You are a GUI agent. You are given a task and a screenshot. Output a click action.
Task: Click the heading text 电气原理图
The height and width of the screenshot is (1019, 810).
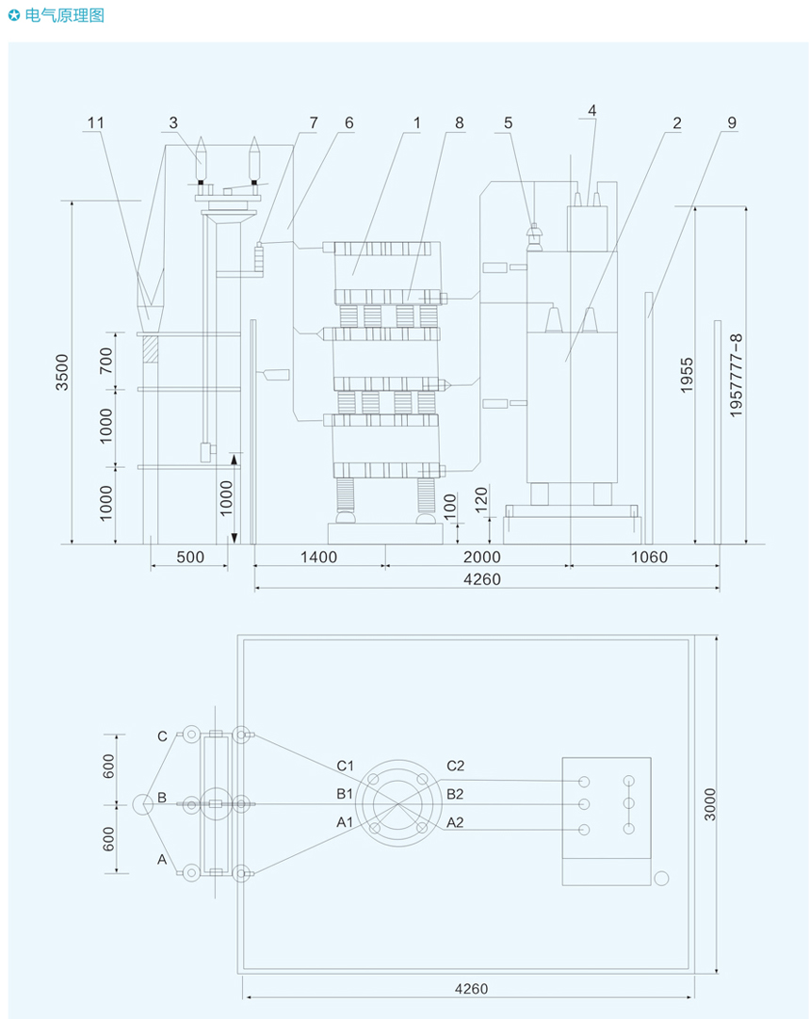pos(65,16)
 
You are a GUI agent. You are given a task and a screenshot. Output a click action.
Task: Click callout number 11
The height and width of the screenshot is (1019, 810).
pos(95,122)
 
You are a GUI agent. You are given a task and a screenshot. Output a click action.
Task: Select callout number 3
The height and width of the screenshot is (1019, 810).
pos(173,122)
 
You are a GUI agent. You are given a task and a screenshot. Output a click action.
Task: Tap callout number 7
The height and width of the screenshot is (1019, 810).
pos(314,122)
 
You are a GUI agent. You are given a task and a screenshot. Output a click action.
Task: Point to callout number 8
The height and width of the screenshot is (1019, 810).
pos(459,122)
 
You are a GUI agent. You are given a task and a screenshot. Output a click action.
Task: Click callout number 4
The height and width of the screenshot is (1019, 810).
pos(591,110)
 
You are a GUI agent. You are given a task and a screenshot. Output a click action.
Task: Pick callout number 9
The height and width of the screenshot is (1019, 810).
pos(731,122)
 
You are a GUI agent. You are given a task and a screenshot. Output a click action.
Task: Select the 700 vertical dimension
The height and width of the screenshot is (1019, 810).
pos(105,360)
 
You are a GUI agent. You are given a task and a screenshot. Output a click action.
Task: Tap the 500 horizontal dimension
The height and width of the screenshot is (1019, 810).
pos(190,557)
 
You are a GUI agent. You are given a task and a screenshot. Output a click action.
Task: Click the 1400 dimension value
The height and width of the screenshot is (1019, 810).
pos(318,557)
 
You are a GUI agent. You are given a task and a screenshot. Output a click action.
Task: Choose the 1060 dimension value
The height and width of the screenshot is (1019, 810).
pos(648,557)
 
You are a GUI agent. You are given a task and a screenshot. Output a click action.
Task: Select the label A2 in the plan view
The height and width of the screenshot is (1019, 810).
pos(455,822)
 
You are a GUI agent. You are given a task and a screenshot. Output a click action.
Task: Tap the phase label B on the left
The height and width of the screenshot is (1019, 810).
pos(162,798)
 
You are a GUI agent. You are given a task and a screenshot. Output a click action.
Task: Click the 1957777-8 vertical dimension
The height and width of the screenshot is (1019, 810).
pos(737,375)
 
